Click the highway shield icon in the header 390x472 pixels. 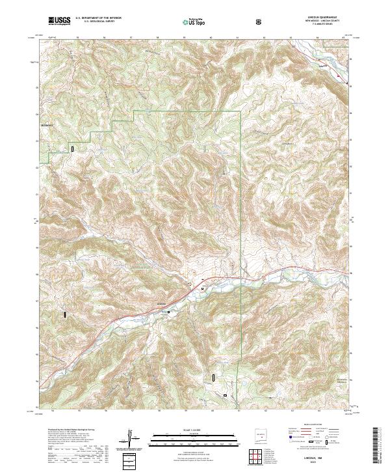[261, 22]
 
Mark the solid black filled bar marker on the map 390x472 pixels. [66, 314]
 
